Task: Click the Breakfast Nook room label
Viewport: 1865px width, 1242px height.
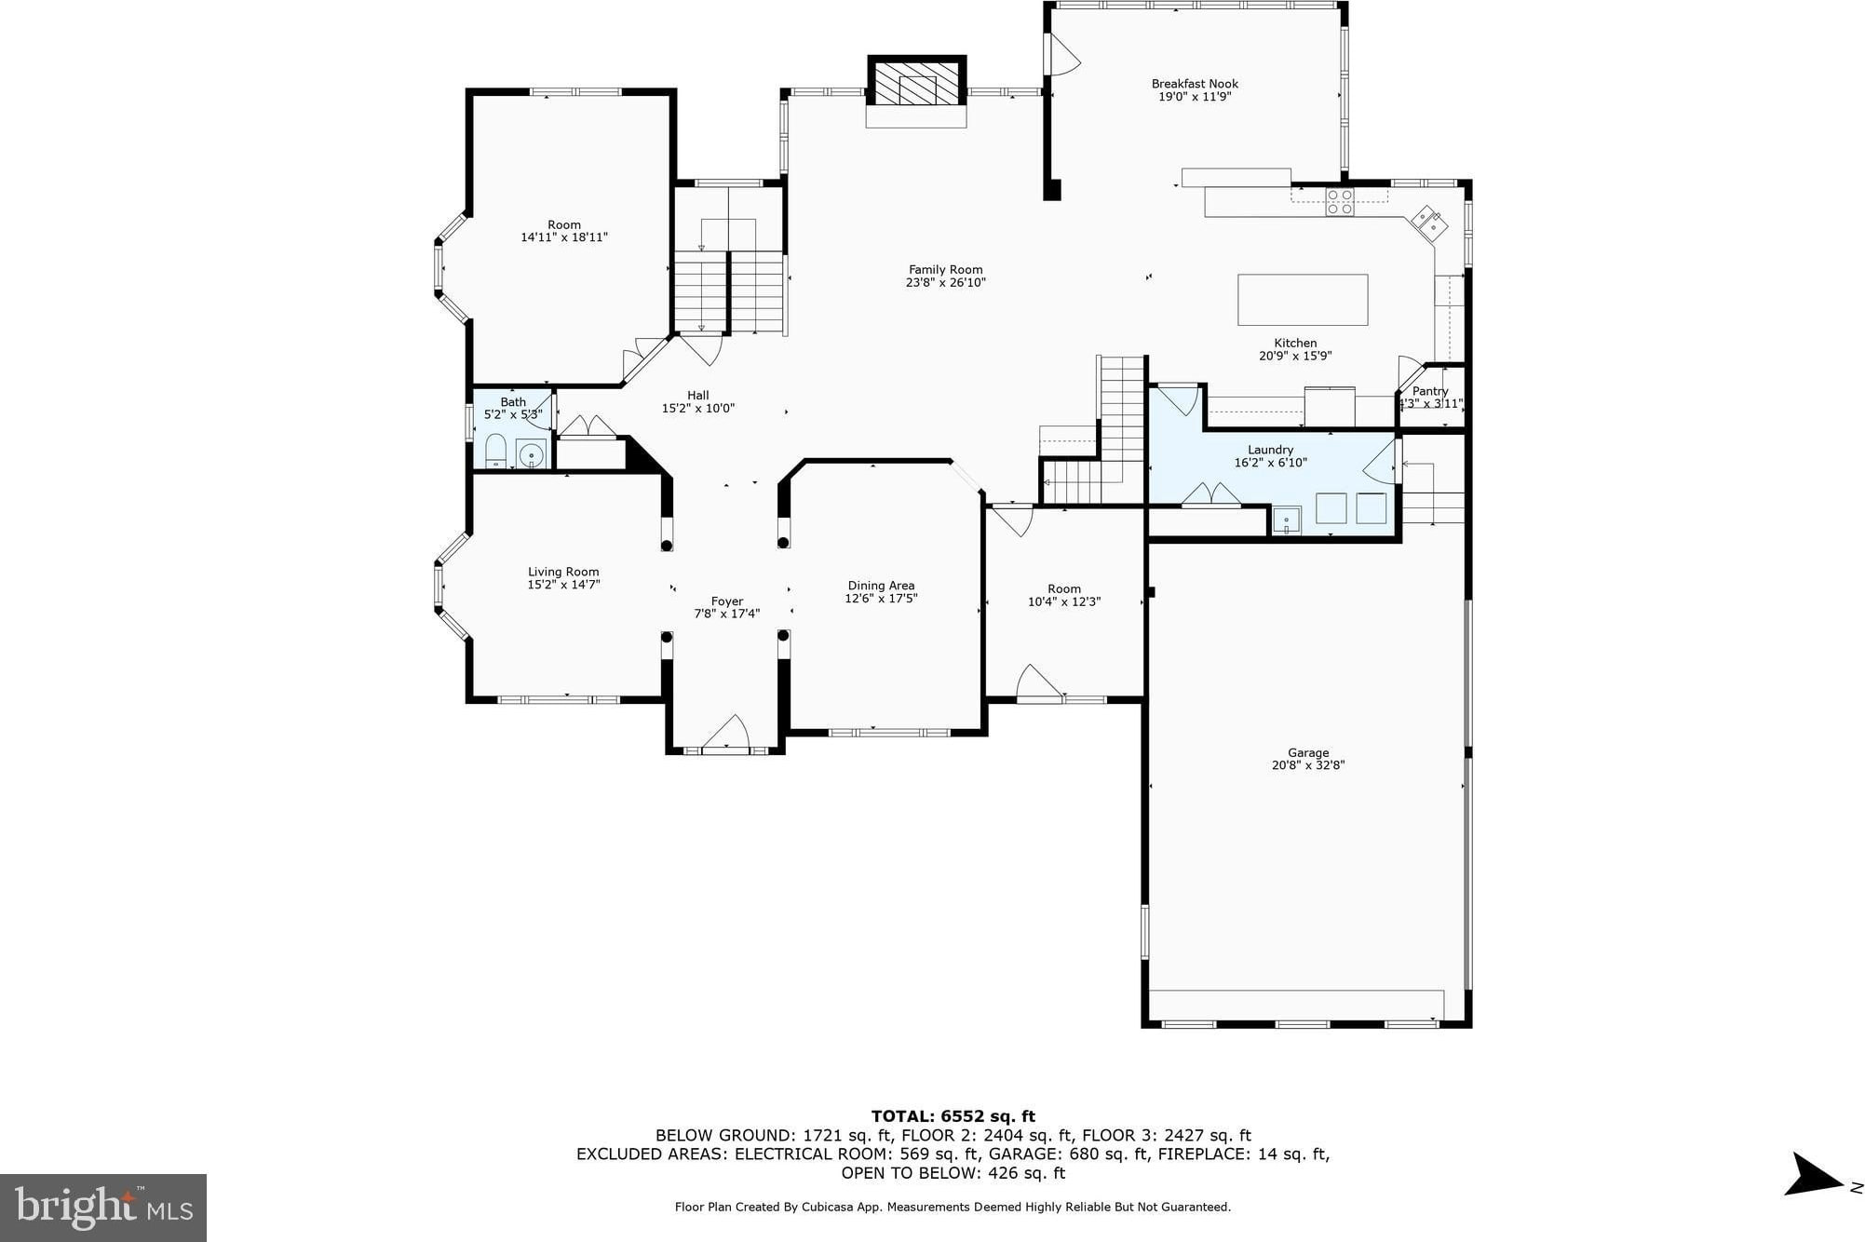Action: (x=1195, y=84)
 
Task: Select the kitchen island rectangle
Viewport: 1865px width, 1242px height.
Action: (x=1303, y=300)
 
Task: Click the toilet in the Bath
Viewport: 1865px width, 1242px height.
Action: (x=495, y=450)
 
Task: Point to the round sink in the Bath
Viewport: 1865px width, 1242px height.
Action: (x=531, y=454)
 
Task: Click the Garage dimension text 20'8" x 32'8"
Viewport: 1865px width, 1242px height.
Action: (x=1308, y=765)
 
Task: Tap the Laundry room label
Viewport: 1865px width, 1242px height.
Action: (x=1271, y=450)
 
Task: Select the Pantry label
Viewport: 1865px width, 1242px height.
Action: (x=1430, y=391)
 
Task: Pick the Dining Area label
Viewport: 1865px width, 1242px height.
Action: (x=881, y=586)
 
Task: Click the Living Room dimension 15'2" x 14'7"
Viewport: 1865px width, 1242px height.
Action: (x=563, y=585)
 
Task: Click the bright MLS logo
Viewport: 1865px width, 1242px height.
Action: (x=103, y=1208)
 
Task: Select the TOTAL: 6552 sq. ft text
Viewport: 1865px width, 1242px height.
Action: (x=953, y=1116)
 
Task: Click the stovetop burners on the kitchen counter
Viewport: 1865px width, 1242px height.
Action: (x=1340, y=202)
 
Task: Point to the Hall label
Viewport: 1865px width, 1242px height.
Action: (x=698, y=395)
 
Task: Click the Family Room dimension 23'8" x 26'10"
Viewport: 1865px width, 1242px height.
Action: (x=946, y=282)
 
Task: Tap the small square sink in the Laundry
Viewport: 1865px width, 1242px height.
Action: (x=1287, y=520)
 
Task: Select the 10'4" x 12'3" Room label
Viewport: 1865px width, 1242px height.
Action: (x=1064, y=595)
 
